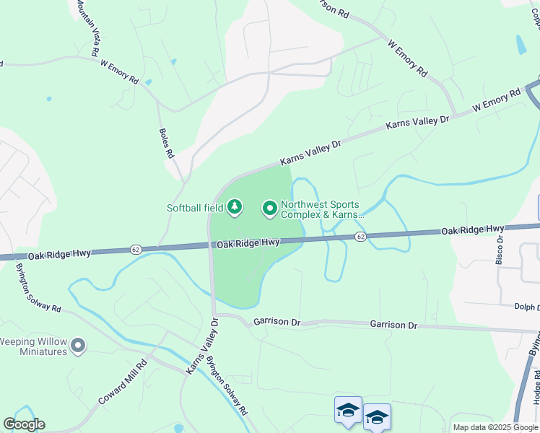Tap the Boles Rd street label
[x=167, y=144]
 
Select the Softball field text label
[x=195, y=208]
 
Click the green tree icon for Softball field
[x=234, y=208]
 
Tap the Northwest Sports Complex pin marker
[x=270, y=209]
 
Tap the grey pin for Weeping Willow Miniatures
[x=79, y=346]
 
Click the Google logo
[x=24, y=424]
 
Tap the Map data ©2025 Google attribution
[x=495, y=427]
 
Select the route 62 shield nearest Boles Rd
[x=135, y=250]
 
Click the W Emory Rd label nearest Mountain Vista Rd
[x=119, y=72]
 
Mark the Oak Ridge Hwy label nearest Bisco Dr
[x=473, y=229]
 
